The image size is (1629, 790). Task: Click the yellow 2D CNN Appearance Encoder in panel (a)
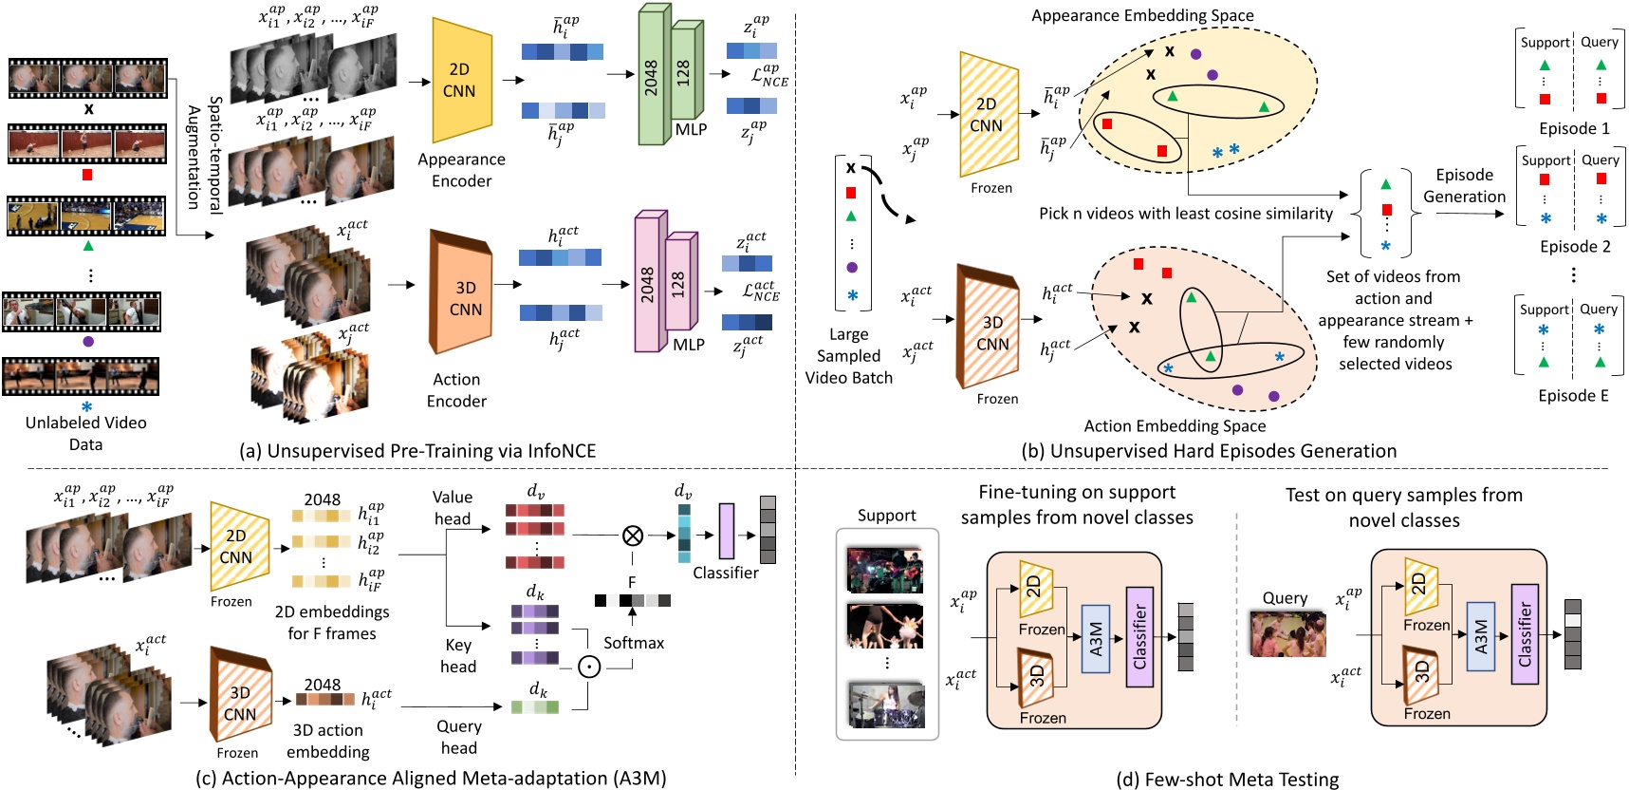pos(461,80)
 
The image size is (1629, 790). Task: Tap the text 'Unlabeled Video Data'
pos(85,433)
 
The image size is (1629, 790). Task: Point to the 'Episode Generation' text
pos(1464,186)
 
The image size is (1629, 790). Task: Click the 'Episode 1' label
pos(1574,128)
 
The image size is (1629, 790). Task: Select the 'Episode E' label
pos(1573,396)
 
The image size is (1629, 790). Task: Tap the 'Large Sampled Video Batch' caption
pos(848,356)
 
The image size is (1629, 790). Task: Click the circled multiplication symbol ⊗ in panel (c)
pos(633,536)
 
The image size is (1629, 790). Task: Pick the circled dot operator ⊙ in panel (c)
pos(589,667)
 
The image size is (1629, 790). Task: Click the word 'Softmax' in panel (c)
pos(634,643)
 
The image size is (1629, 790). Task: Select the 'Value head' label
pos(453,508)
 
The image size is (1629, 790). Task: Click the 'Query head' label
pos(459,737)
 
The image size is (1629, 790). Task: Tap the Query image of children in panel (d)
pos(1287,634)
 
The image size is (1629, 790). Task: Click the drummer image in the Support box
pos(886,705)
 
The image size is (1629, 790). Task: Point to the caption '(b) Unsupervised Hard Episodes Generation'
pos(1209,451)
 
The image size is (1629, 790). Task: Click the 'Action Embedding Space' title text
pos(1175,426)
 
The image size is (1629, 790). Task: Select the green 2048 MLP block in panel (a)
pos(651,76)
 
